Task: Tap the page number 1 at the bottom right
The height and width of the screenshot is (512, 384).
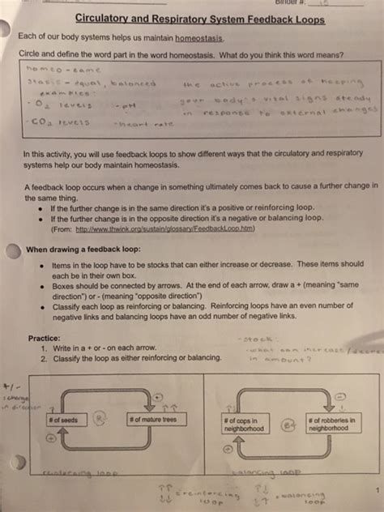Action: coord(376,489)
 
